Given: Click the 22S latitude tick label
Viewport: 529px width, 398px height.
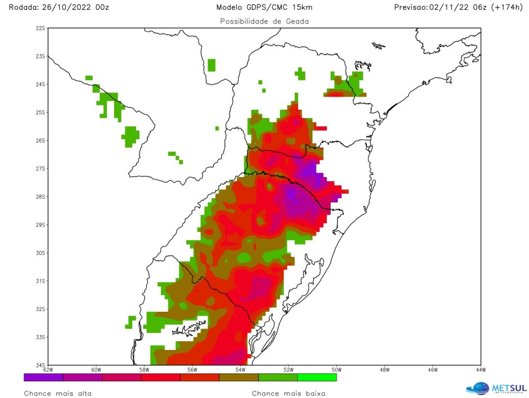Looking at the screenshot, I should click(x=40, y=28).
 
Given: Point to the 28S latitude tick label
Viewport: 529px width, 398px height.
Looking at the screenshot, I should click(x=40, y=197).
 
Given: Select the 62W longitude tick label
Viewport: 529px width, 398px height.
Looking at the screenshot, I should click(x=48, y=370).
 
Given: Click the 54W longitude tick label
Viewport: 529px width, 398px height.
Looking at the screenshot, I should click(x=240, y=370).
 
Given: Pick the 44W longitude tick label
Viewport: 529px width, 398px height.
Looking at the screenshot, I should click(x=480, y=370).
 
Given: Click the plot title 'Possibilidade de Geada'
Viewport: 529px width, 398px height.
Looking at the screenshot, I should click(x=264, y=22).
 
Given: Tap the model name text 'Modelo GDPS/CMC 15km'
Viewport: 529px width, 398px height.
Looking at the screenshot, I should click(x=264, y=7).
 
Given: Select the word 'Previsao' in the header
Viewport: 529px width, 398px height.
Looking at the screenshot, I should click(x=410, y=7).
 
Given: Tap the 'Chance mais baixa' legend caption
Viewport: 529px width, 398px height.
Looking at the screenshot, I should click(x=289, y=393).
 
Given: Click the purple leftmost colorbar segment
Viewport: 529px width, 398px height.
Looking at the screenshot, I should click(x=44, y=377).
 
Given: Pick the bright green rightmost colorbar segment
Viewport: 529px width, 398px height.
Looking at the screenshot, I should click(x=317, y=377).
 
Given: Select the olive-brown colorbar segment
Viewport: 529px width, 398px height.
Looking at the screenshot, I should click(x=239, y=377).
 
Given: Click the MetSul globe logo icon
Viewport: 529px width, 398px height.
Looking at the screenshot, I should click(x=477, y=388).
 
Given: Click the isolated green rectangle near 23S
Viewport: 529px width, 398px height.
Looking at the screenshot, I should click(x=212, y=65).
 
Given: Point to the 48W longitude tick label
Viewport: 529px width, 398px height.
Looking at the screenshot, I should click(x=384, y=370).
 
